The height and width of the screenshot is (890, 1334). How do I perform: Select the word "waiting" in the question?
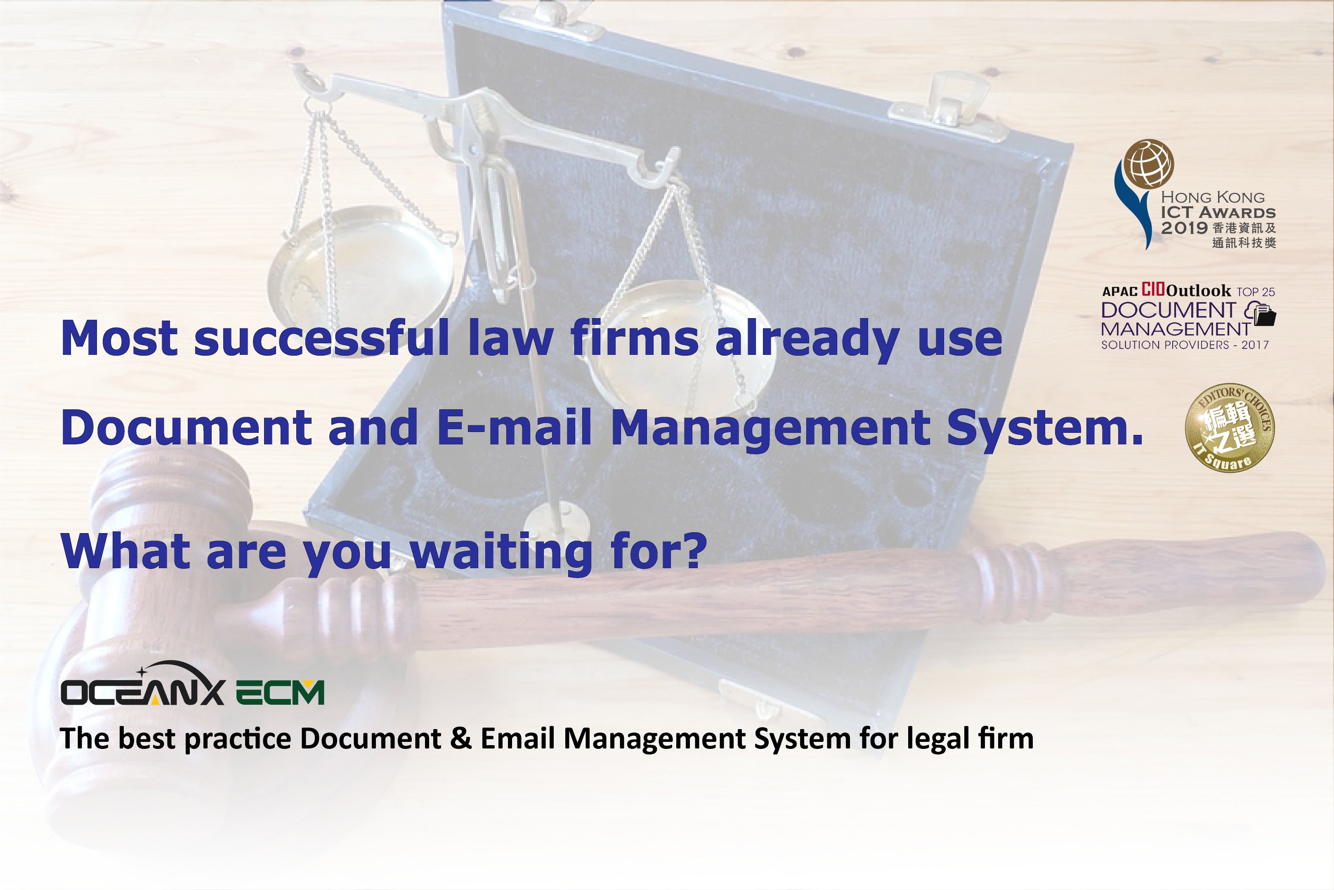[x=502, y=552]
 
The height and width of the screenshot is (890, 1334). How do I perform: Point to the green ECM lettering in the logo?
[x=280, y=692]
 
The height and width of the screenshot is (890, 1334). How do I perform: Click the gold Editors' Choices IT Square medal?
[x=1230, y=428]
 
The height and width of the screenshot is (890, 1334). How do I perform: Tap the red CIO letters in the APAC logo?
[x=1154, y=290]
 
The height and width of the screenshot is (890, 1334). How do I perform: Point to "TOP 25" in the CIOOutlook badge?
[x=1256, y=292]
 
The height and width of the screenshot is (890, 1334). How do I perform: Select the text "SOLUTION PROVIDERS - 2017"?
[x=1185, y=345]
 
